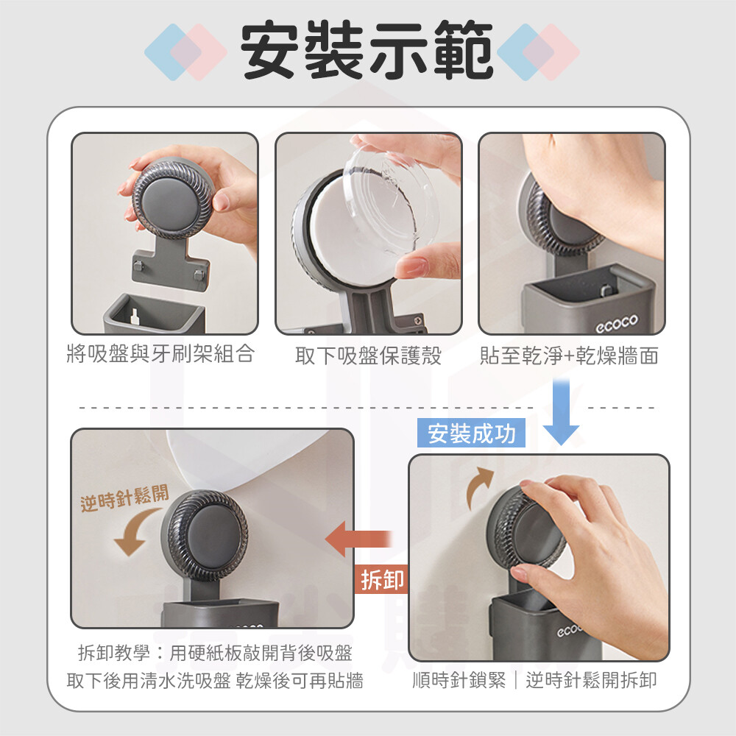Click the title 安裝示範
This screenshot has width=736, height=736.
click(x=367, y=50)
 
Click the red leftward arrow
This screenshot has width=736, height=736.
click(x=358, y=539)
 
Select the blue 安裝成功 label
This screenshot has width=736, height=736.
click(x=471, y=433)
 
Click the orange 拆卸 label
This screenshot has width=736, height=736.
click(x=381, y=580)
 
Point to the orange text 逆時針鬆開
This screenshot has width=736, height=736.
click(x=124, y=498)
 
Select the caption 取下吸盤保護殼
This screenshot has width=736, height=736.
click(x=369, y=355)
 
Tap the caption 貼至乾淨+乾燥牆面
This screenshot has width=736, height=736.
click(x=569, y=355)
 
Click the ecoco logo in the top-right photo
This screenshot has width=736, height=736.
click(x=617, y=323)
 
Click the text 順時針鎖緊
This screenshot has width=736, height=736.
click(x=459, y=679)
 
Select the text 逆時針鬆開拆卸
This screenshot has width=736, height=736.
click(x=591, y=679)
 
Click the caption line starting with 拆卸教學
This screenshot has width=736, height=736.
click(x=215, y=653)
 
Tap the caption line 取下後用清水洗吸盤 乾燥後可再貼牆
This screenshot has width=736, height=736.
click(x=215, y=680)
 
